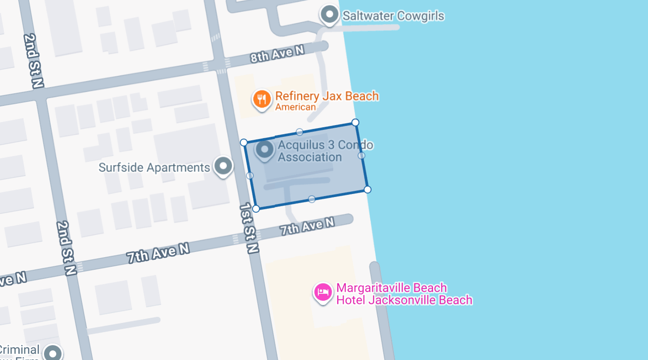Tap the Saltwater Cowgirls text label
[x=393, y=16]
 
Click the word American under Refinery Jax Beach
[x=295, y=107]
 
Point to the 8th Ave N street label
[x=277, y=54]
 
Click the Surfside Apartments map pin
[x=223, y=166]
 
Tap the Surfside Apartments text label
[x=154, y=168]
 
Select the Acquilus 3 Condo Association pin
[x=265, y=150]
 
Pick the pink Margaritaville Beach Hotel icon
[x=323, y=292]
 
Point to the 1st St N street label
[x=249, y=228]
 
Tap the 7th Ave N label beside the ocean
[x=307, y=226]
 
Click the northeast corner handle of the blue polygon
[x=355, y=123]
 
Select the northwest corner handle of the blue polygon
[x=244, y=143]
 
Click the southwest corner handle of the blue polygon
[x=256, y=209]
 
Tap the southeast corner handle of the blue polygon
[x=368, y=189]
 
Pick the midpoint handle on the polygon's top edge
[x=300, y=132]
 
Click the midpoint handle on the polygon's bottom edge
[x=312, y=199]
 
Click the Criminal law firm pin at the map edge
[x=53, y=352]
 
